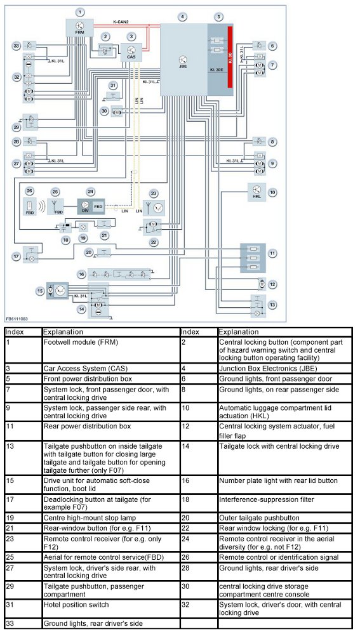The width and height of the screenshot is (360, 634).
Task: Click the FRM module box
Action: pos(80,28)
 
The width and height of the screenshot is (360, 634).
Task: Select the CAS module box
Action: pos(131,53)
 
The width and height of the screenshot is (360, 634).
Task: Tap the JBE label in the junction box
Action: pos(183,66)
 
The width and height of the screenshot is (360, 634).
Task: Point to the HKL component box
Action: pos(257,192)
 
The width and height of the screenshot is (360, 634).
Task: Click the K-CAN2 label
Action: pos(121,22)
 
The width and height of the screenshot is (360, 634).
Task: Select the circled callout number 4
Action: pos(183,17)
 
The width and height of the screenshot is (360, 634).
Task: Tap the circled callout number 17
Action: pos(16,256)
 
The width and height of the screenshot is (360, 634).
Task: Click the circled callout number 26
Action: pos(29,190)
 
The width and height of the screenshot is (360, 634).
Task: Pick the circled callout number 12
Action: pos(273,284)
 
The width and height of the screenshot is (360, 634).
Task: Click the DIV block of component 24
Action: pos(85,206)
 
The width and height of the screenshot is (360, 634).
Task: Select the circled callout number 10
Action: pos(273,192)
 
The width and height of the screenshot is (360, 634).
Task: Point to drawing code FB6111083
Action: pos(17,319)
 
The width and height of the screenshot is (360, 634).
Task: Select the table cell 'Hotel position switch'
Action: pos(111,608)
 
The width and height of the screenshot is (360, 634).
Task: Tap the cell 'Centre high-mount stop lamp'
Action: pos(111,518)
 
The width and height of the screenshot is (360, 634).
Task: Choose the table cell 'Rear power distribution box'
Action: pos(111,431)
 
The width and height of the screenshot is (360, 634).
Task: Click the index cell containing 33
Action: pos(23,623)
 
